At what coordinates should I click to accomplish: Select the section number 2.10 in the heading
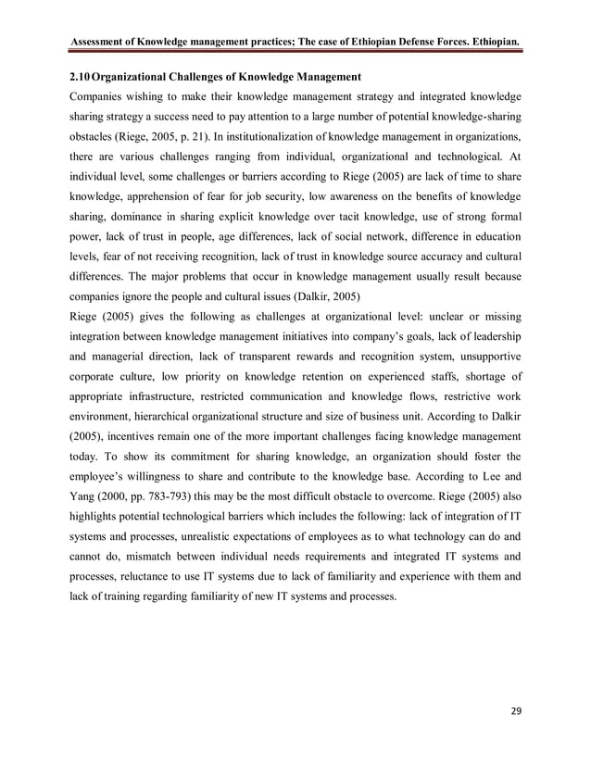pos(81,74)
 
